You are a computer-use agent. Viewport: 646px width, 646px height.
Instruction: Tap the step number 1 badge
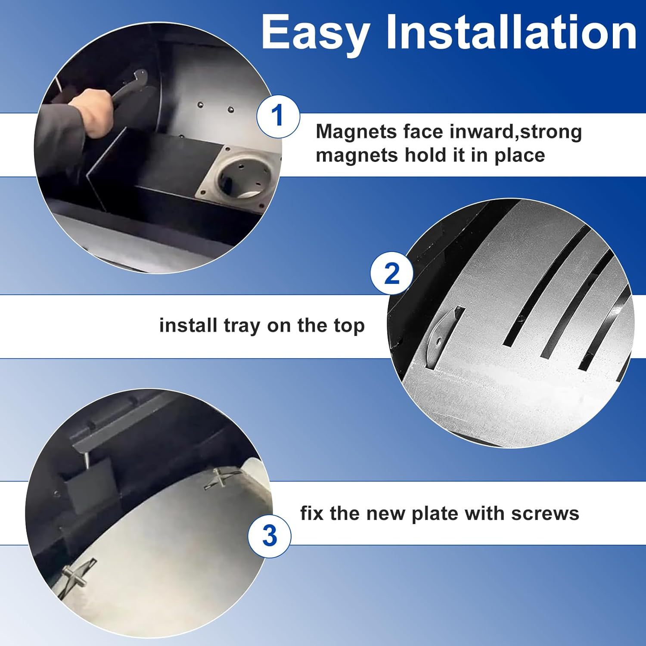278,116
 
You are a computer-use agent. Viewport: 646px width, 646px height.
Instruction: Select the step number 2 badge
391,273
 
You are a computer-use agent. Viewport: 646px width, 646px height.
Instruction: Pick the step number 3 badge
269,536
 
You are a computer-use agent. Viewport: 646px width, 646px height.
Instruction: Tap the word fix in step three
312,513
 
